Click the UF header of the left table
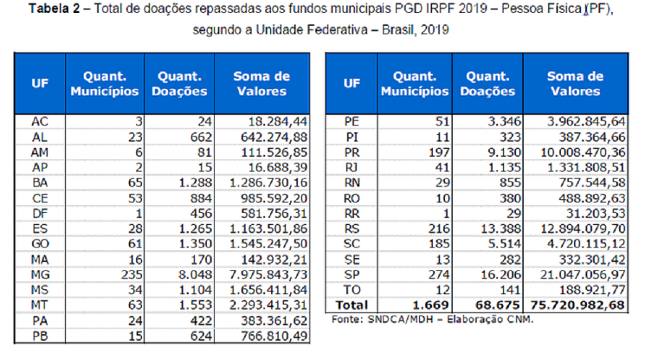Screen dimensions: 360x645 [x=39, y=84]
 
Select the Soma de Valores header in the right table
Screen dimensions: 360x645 [x=575, y=84]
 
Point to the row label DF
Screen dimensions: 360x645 [x=39, y=214]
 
